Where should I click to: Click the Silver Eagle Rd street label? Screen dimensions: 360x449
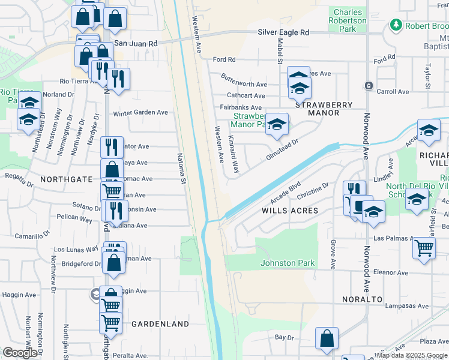283,32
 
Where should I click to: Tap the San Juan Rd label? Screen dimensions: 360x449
136,44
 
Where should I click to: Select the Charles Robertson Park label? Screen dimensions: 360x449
348,20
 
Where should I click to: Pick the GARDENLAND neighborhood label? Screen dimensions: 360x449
160,324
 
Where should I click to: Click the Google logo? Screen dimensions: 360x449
20,353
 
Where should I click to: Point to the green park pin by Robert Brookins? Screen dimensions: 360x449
396,25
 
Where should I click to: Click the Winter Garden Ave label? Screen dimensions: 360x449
140,112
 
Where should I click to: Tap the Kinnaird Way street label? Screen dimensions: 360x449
234,155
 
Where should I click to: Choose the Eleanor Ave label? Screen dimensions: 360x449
391,272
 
